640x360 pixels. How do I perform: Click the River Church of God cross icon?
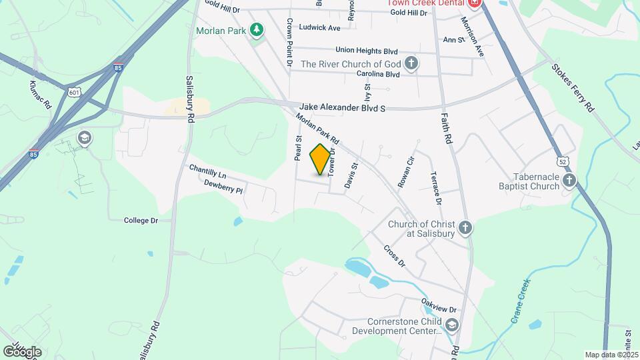tap(411, 64)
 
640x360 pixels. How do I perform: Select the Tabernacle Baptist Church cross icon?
tap(569, 180)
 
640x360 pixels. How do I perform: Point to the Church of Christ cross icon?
tap(465, 228)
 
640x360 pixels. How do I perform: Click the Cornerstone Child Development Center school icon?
tap(452, 325)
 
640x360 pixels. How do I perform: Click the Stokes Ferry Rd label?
tap(573, 87)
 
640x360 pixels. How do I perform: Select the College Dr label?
tap(141, 220)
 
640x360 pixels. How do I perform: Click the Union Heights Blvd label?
tap(367, 51)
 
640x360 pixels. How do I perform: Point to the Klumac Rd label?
tap(41, 95)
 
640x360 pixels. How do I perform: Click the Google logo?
tap(22, 351)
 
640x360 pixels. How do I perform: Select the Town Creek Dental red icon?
tap(475, 3)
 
